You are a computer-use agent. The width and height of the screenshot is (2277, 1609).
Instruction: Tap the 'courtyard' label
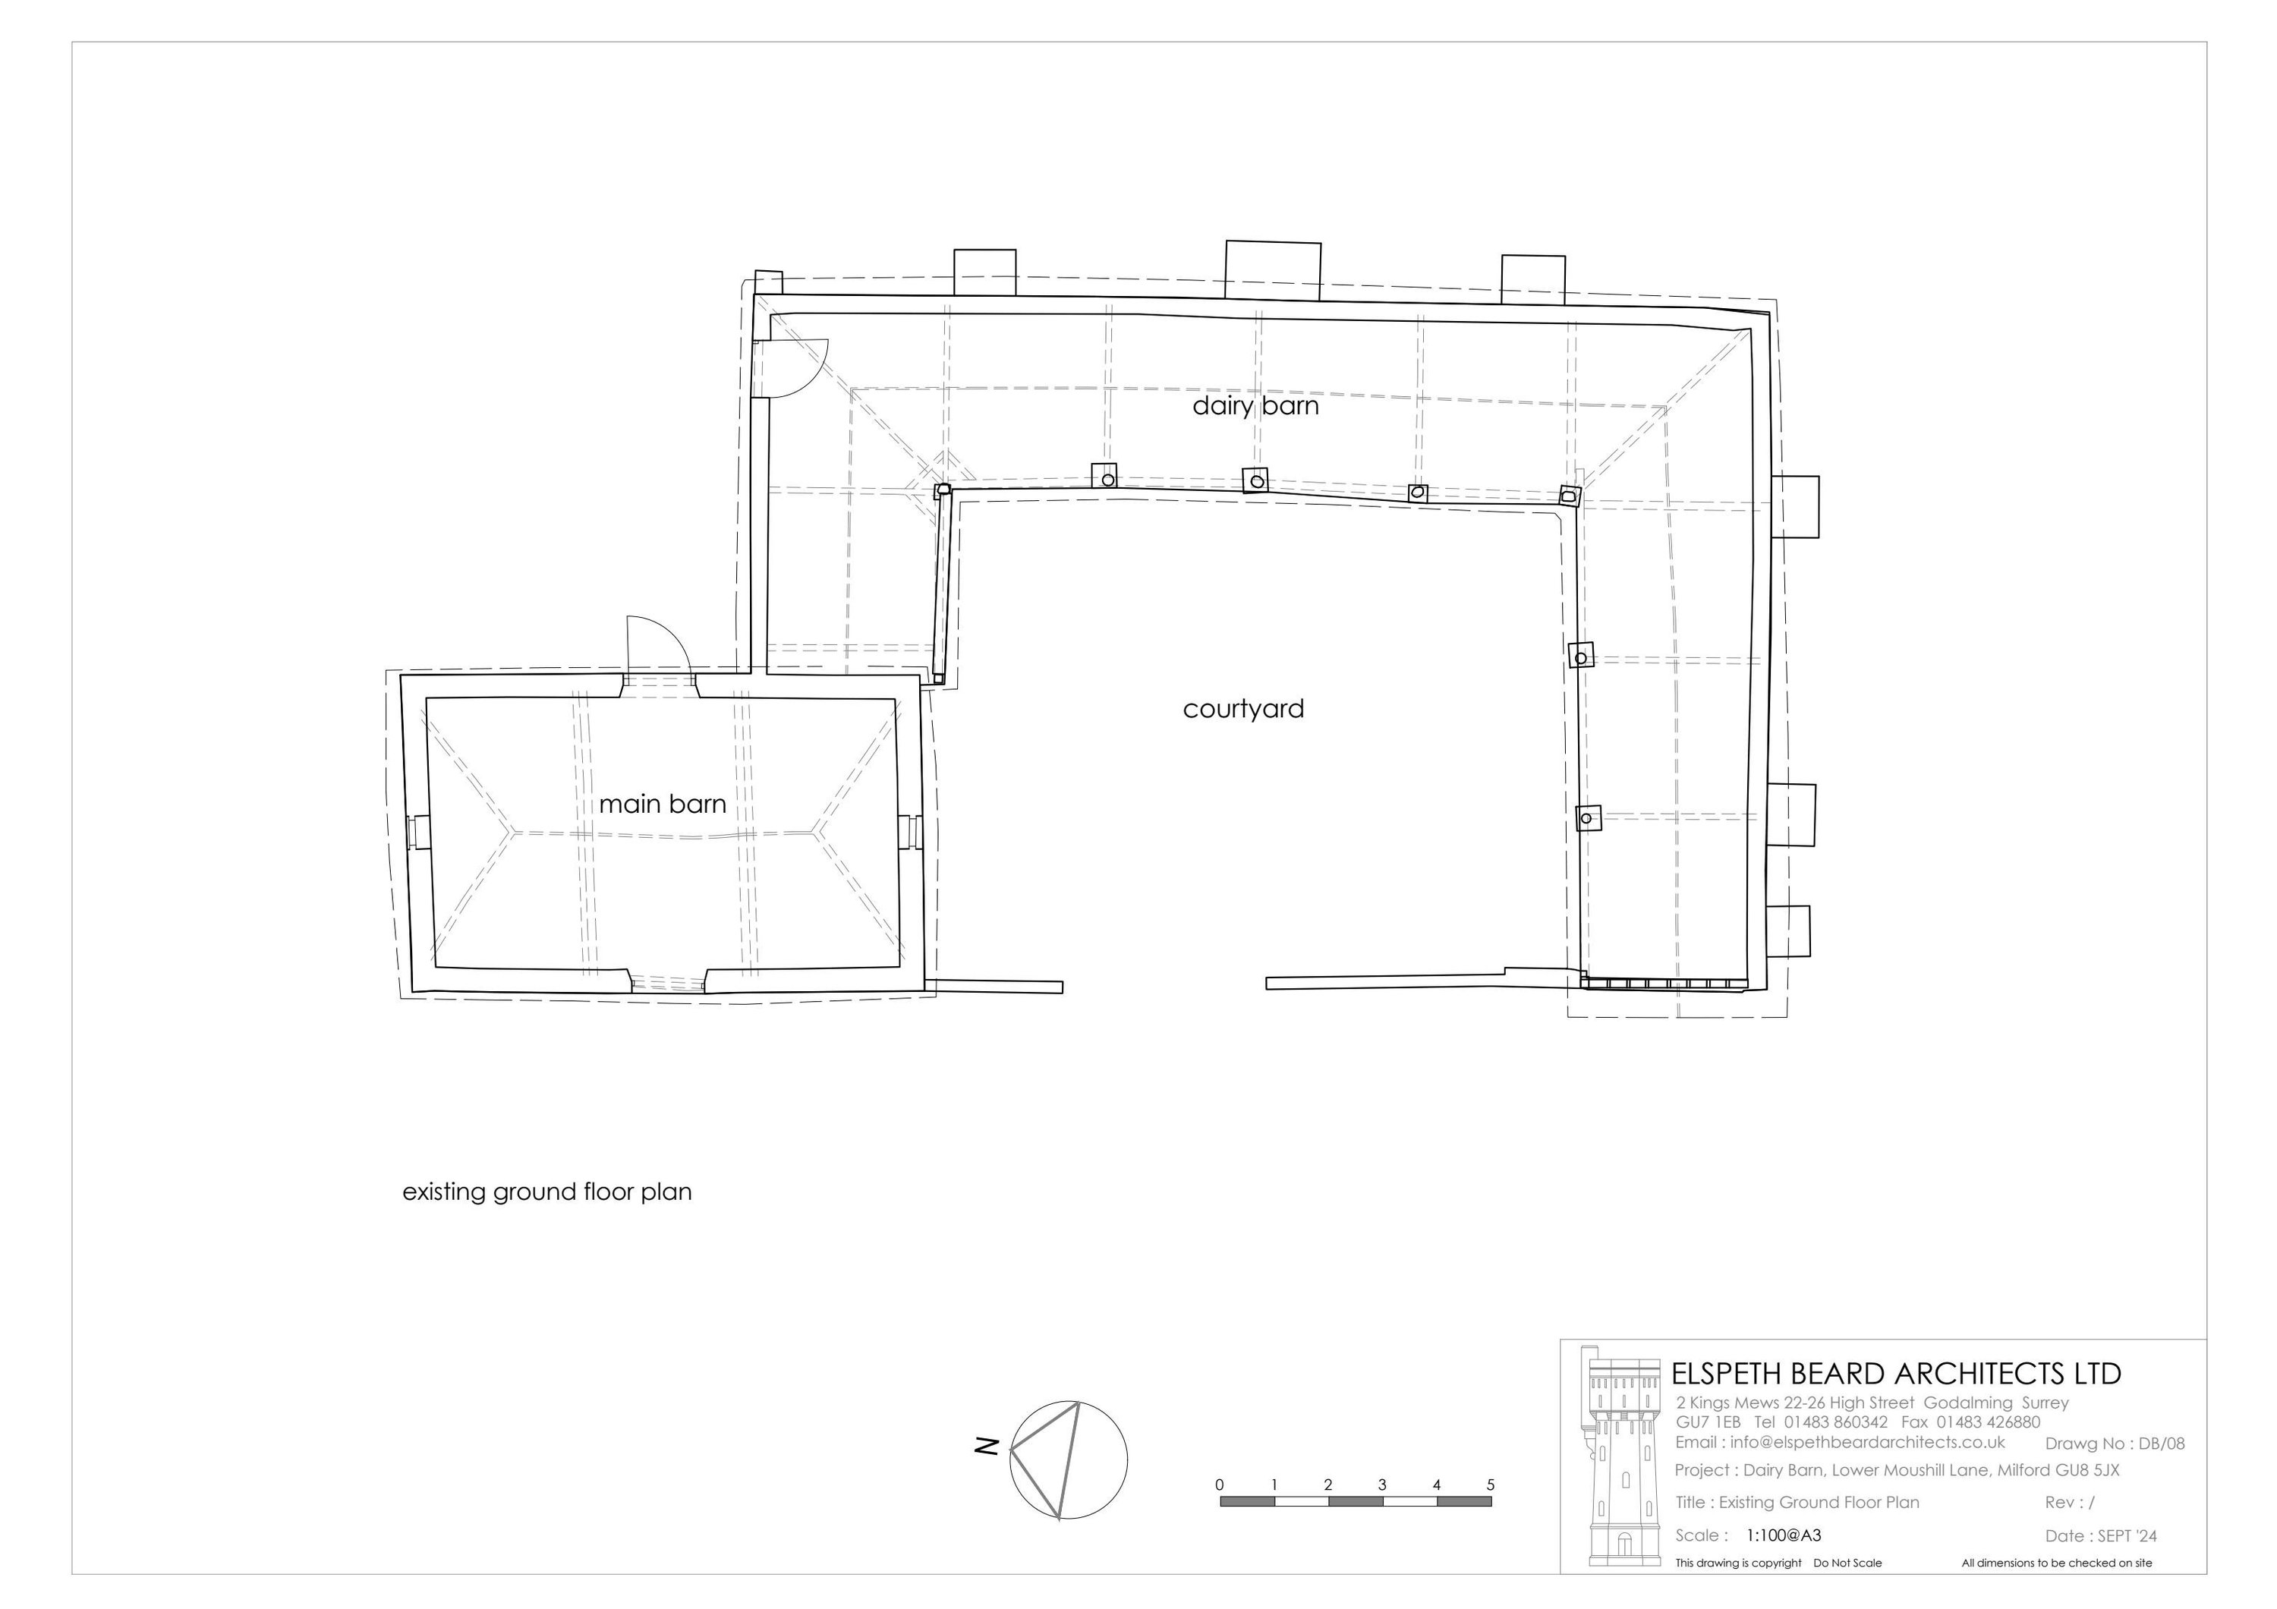[x=1244, y=710]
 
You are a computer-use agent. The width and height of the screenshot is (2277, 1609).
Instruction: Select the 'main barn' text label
[x=663, y=804]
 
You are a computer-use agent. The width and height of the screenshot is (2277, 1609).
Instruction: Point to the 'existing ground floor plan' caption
[x=546, y=1192]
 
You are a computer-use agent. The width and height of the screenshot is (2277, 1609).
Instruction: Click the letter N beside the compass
[x=986, y=1447]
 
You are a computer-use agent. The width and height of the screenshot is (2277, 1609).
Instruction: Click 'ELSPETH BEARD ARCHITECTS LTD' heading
[x=1896, y=1374]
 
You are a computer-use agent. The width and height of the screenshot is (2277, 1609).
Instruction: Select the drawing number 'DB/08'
[x=2162, y=1444]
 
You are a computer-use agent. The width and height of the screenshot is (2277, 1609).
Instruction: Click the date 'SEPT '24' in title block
[x=2127, y=1537]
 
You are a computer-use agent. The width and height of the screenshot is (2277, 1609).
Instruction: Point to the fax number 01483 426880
[x=1976, y=1422]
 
